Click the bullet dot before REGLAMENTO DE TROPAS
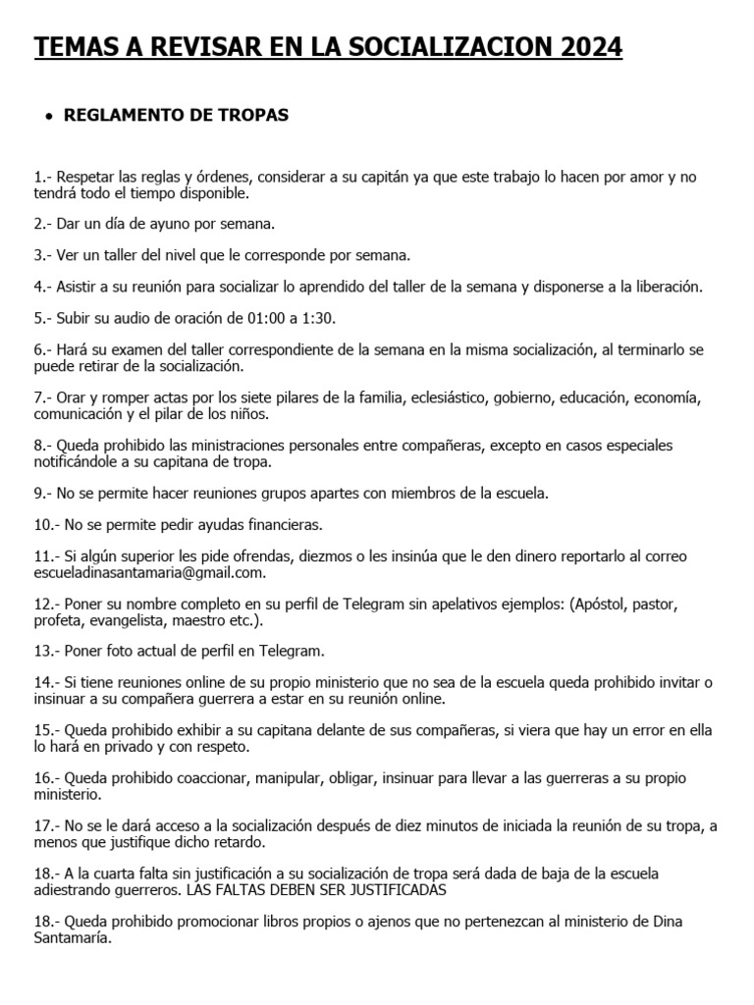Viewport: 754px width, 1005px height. tap(48, 117)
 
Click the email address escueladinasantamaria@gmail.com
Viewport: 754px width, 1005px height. tap(148, 573)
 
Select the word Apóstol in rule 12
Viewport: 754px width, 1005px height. tap(603, 604)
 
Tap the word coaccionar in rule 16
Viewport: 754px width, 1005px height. tap(208, 778)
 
